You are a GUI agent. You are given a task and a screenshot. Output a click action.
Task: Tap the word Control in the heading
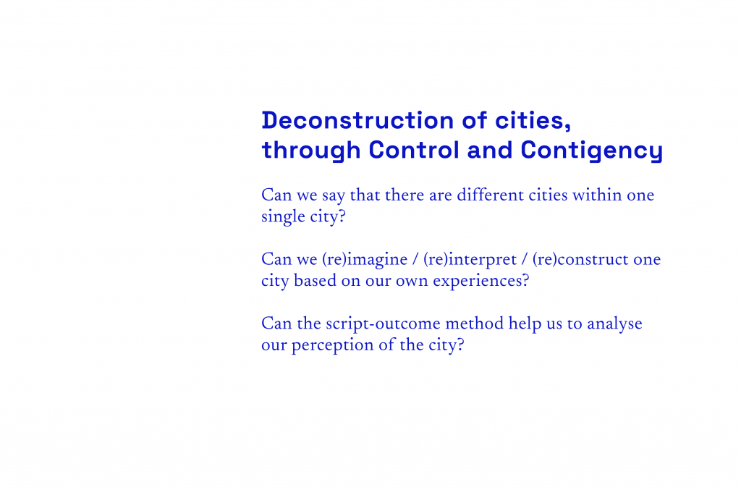(x=414, y=150)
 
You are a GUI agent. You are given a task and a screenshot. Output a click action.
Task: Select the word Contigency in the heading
(x=592, y=151)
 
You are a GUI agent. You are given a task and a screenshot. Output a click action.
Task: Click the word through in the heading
(x=311, y=151)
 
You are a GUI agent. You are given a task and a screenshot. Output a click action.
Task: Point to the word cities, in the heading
(x=533, y=120)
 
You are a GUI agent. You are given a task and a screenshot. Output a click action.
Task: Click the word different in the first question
(x=490, y=195)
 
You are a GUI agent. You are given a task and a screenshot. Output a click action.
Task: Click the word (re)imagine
(x=365, y=259)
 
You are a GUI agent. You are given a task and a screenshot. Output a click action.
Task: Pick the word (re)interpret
(x=470, y=259)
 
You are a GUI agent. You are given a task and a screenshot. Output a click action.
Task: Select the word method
(x=475, y=324)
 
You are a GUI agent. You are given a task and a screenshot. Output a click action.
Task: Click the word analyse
(x=614, y=324)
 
